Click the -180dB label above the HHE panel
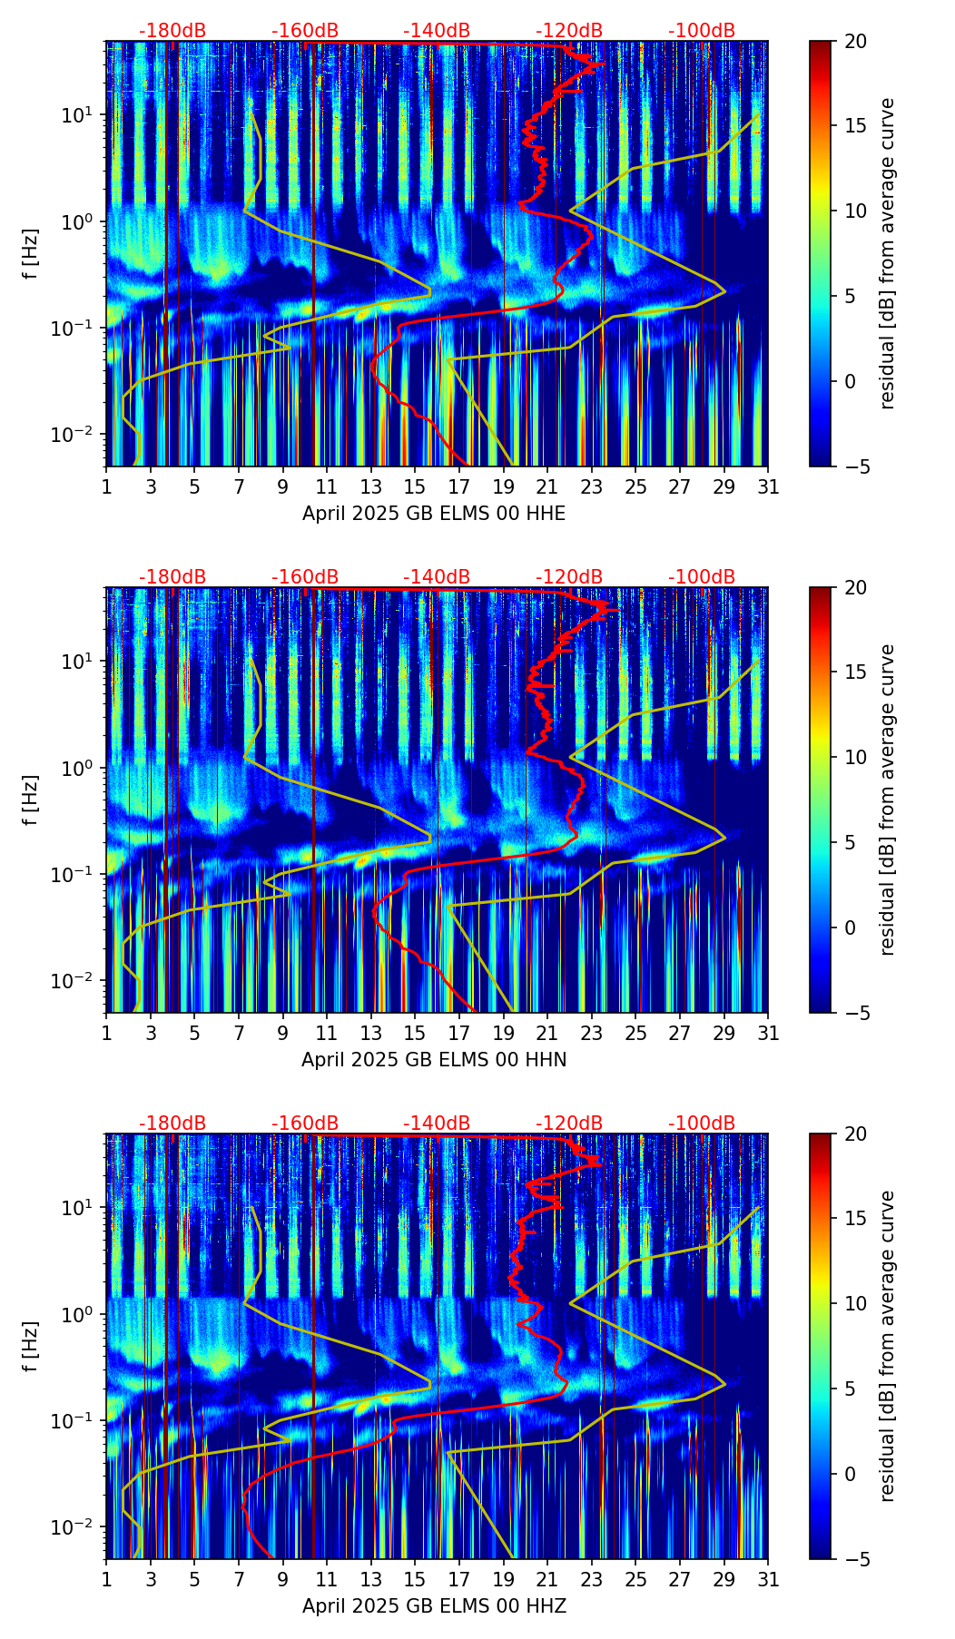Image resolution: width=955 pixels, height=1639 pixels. (172, 31)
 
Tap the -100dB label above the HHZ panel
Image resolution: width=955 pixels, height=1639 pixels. (702, 1124)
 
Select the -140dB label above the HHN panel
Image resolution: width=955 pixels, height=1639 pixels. (437, 577)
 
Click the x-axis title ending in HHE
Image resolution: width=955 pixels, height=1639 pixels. (434, 514)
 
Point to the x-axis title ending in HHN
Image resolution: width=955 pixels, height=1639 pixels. (434, 1060)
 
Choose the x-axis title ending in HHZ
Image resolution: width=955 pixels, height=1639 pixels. (434, 1606)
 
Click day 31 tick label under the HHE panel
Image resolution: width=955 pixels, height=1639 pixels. (768, 487)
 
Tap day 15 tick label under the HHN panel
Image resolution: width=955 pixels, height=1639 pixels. (415, 1034)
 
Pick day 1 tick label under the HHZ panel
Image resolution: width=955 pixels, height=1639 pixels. (107, 1580)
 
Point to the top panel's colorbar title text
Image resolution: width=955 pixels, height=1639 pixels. (887, 253)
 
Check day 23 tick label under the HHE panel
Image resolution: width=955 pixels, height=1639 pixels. (592, 487)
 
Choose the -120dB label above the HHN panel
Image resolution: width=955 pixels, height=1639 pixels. (569, 577)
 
